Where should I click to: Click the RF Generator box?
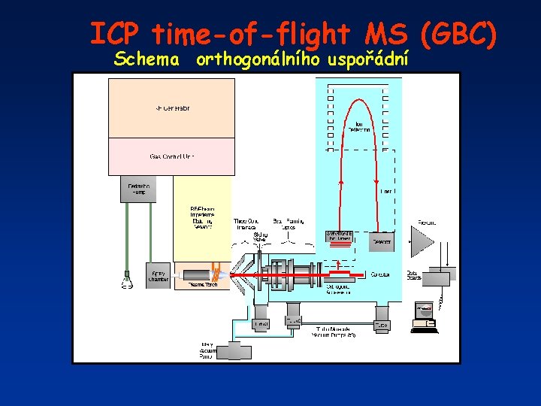click(172, 108)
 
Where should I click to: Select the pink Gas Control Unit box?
click(172, 156)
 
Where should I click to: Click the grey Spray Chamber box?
click(159, 276)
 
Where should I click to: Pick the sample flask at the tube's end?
click(128, 283)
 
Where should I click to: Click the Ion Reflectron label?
click(358, 126)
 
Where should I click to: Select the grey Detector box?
click(382, 242)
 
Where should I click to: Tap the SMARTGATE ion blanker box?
click(340, 236)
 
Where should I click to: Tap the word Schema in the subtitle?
click(147, 59)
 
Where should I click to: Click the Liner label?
click(386, 191)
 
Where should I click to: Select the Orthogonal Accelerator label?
click(339, 289)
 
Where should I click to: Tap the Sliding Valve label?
click(260, 238)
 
